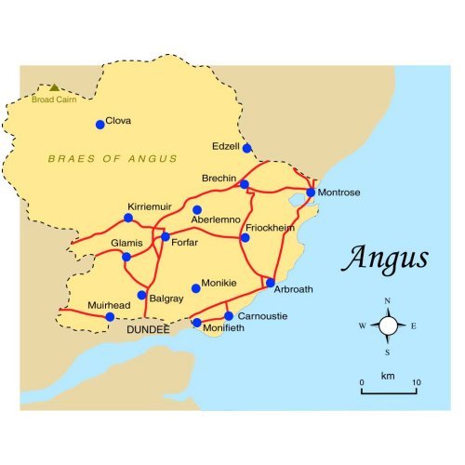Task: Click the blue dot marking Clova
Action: (100, 125)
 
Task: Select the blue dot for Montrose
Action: (311, 193)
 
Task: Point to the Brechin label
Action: (221, 176)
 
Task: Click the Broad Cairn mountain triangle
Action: (54, 87)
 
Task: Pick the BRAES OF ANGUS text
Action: (113, 159)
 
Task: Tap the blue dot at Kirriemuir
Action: (128, 218)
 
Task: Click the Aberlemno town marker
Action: (196, 209)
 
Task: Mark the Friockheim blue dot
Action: (245, 238)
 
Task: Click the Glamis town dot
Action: (126, 257)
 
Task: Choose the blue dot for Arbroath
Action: (271, 283)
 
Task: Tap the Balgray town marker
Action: (141, 296)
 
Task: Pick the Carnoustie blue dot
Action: (229, 316)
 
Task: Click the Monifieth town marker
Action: (196, 323)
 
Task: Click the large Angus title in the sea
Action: (384, 258)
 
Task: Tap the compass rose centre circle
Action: (388, 325)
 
